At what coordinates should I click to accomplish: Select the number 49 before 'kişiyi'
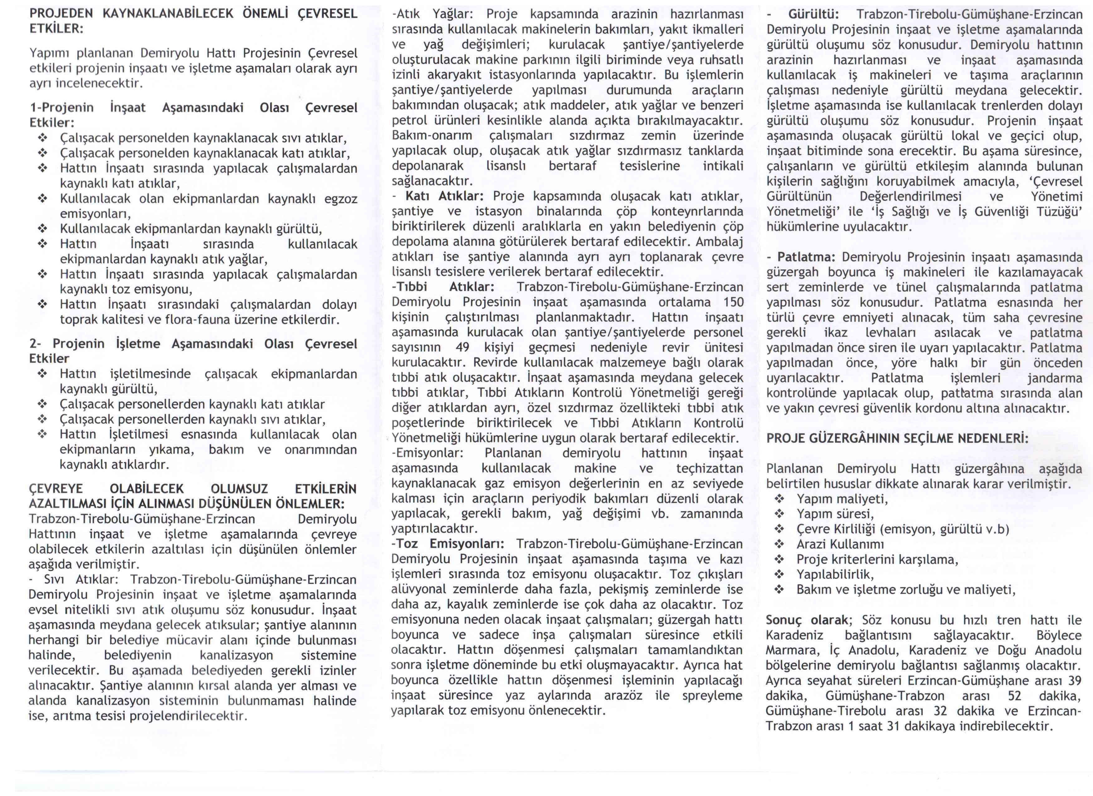point(463,348)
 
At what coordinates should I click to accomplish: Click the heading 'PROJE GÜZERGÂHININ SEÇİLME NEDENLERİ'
point(897,439)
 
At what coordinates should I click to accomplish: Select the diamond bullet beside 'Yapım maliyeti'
point(779,499)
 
